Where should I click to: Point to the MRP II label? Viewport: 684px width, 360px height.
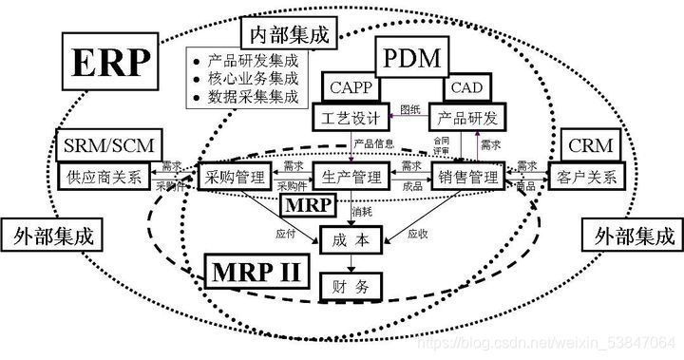click(x=255, y=273)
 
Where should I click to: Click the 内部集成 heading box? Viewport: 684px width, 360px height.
click(x=289, y=36)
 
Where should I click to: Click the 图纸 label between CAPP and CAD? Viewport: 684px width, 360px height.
click(x=410, y=108)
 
